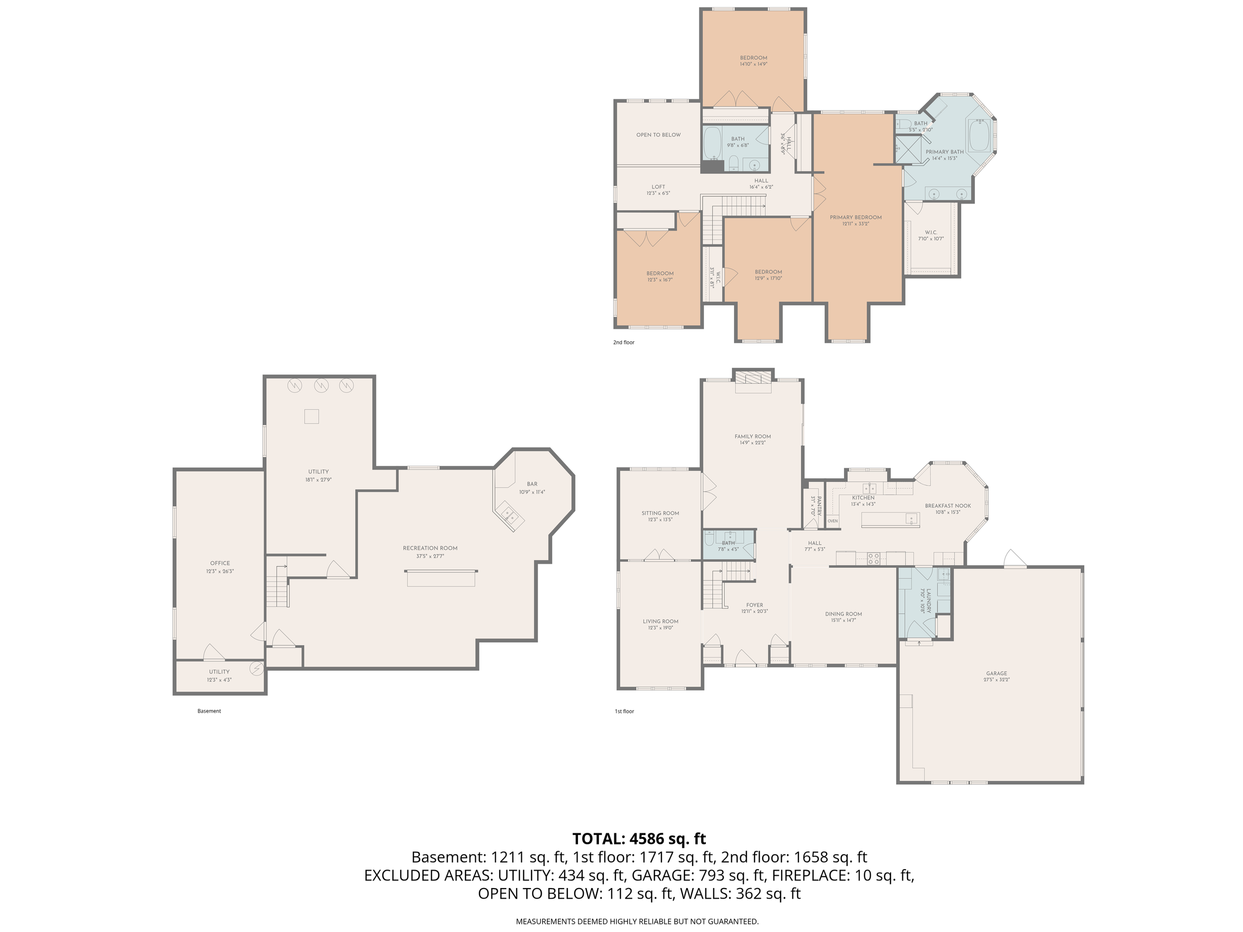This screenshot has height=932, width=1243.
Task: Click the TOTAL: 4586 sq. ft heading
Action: pos(639,839)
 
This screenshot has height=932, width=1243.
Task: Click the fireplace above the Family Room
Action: pos(753,378)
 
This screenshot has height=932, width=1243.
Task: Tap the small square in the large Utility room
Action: pos(312,416)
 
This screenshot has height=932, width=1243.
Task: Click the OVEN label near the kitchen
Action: pos(832,521)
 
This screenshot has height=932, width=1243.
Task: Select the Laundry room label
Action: pos(925,600)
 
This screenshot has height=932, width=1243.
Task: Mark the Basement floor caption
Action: pos(209,711)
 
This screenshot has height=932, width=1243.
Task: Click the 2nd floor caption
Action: pos(623,342)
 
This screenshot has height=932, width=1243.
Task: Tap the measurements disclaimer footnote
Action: pos(637,921)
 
